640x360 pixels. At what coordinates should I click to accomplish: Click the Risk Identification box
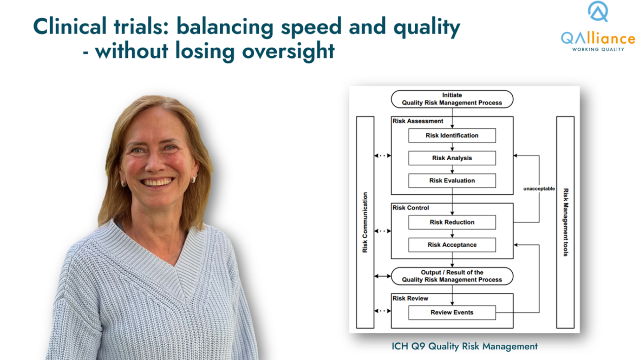(452, 135)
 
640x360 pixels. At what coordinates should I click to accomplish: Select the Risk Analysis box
(452, 158)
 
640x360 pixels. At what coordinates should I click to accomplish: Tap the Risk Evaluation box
(452, 180)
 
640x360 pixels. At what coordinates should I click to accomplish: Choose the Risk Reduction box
(452, 222)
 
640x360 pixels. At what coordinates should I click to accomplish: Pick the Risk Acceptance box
(452, 245)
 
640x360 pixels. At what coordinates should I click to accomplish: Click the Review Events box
(452, 313)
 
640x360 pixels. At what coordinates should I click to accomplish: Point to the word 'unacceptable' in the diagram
(539, 189)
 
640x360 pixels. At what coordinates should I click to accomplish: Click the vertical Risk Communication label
(365, 222)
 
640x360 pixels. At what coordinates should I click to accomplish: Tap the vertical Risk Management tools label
(566, 222)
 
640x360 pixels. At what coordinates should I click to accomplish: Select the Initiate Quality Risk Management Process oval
(452, 99)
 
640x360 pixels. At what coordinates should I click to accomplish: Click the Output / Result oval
(452, 276)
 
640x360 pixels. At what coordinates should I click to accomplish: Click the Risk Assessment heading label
(418, 121)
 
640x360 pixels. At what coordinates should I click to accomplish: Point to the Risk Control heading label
(411, 208)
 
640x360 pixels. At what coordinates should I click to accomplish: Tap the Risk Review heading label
(410, 298)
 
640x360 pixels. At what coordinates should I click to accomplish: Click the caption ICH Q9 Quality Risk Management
(464, 346)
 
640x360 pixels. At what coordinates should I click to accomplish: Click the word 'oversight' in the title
(288, 51)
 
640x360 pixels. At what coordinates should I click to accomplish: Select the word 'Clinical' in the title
(70, 26)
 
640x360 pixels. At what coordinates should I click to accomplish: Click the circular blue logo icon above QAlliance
(598, 11)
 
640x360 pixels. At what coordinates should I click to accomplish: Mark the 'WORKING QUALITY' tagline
(598, 49)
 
